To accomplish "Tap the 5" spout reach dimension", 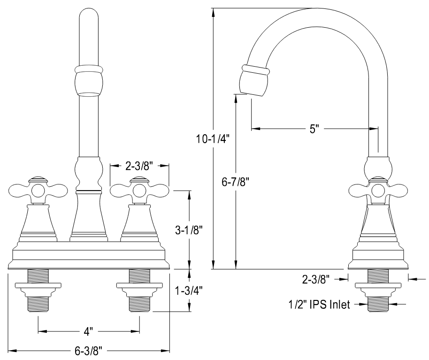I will [x=314, y=128].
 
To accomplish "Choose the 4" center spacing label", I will [x=89, y=331].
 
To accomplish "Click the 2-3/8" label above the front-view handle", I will [x=139, y=165].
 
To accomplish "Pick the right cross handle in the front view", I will [x=139, y=190].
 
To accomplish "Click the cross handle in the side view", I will [x=378, y=190].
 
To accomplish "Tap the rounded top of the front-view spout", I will [x=89, y=16].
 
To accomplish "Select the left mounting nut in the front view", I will [x=38, y=286].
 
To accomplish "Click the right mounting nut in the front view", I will [x=139, y=286].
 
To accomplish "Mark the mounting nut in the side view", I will [x=378, y=286].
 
